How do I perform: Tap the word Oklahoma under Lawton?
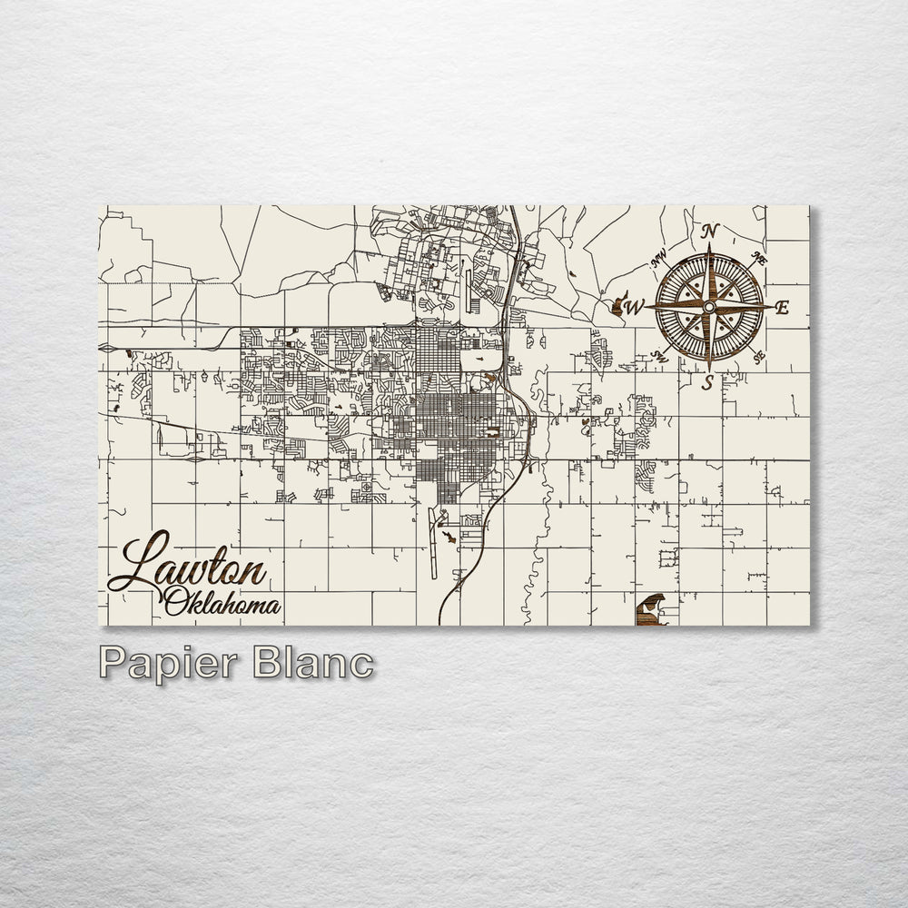pyautogui.click(x=222, y=602)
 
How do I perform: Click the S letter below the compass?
pyautogui.click(x=707, y=383)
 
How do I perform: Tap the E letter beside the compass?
pyautogui.click(x=782, y=308)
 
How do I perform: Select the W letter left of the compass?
pyautogui.click(x=635, y=307)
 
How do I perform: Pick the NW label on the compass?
pyautogui.click(x=659, y=260)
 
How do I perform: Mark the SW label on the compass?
pyautogui.click(x=660, y=357)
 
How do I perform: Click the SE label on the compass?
pyautogui.click(x=759, y=356)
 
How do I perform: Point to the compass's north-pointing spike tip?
pyautogui.click(x=709, y=246)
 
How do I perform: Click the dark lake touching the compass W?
pyautogui.click(x=618, y=307)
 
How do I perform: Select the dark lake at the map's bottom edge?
pyautogui.click(x=651, y=610)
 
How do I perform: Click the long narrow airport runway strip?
pyautogui.click(x=432, y=545)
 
